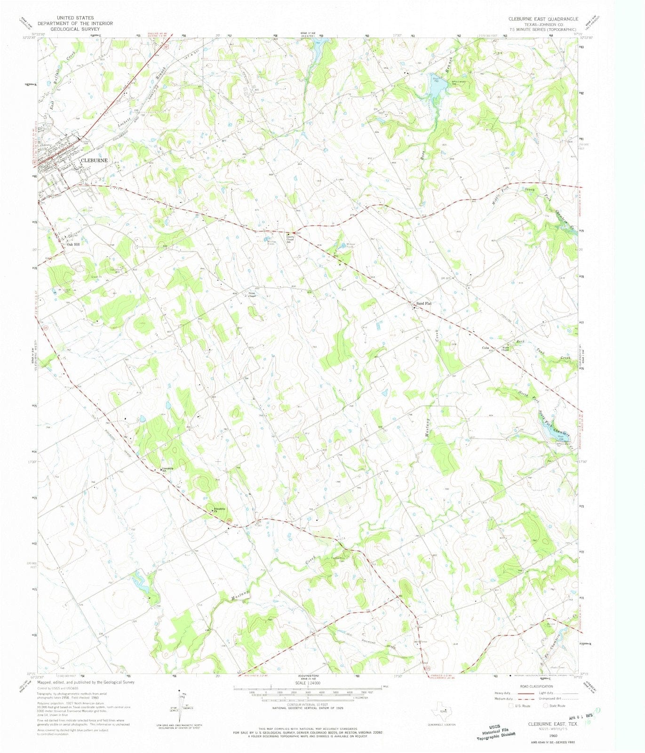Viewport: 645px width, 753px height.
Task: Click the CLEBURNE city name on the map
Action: click(x=95, y=160)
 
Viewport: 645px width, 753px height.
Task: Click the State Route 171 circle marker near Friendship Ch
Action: click(x=229, y=520)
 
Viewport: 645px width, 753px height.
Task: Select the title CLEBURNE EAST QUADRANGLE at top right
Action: click(x=543, y=19)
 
